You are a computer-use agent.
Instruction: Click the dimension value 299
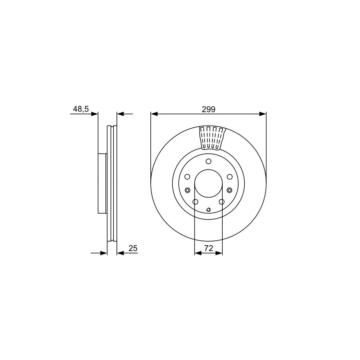click(x=209, y=109)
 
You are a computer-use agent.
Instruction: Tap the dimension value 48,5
click(x=81, y=109)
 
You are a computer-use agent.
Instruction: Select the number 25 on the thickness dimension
click(x=133, y=248)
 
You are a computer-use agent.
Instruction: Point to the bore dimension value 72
click(x=209, y=248)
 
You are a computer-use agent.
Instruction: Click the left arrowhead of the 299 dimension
click(x=154, y=114)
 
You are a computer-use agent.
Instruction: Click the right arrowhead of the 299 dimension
click(x=263, y=114)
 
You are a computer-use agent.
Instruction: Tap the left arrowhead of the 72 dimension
click(x=198, y=253)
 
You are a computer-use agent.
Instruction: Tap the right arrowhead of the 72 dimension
click(x=219, y=253)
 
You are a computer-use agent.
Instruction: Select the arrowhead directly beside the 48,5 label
click(x=94, y=114)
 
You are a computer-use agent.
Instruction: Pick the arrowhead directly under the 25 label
click(x=120, y=253)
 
